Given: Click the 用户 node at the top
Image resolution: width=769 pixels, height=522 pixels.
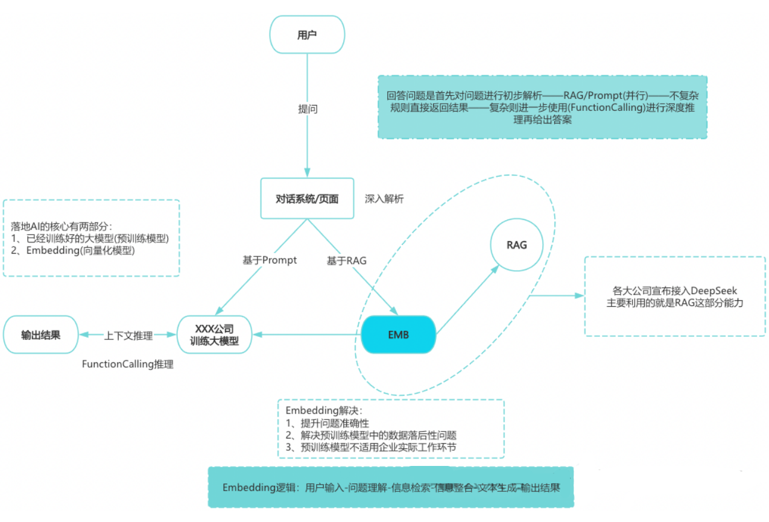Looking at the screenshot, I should [x=307, y=34].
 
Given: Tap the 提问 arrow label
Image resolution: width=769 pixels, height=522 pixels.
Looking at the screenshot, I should [x=308, y=109].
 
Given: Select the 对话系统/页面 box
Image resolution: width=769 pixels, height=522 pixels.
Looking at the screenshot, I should [x=307, y=198].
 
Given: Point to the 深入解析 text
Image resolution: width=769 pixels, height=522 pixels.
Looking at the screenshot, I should [x=384, y=199].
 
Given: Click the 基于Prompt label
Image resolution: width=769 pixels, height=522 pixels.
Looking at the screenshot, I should [x=270, y=260].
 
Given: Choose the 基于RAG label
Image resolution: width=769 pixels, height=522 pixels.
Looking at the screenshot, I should [x=346, y=261].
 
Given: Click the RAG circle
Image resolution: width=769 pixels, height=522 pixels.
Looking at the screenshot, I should [x=517, y=245].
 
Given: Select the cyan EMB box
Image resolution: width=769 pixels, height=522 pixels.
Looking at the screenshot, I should [x=397, y=334].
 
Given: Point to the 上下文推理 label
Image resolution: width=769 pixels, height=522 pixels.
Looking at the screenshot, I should [x=128, y=336].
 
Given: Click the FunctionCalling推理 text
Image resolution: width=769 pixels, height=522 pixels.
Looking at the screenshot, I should [x=127, y=365].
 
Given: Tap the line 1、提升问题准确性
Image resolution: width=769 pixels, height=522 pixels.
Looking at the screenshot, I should [x=327, y=423].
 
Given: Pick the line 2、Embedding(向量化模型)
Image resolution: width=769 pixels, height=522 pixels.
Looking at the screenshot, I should [x=73, y=251].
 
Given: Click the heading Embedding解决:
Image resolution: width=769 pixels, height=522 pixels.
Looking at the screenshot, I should [x=313, y=410].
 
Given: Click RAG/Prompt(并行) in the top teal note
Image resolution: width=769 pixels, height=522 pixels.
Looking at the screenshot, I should [x=607, y=95].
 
